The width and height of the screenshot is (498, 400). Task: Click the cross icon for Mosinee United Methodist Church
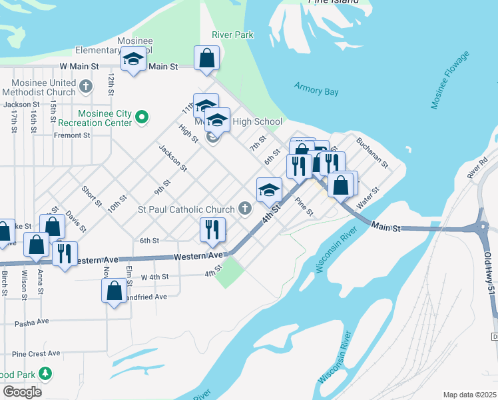tap(85, 87)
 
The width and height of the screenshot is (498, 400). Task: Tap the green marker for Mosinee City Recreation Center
tap(142, 117)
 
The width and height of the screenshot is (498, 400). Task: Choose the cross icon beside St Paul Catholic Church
tap(245, 209)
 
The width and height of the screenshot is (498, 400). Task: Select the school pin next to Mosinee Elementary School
tap(133, 61)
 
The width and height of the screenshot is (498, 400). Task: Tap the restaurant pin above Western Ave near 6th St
tap(213, 230)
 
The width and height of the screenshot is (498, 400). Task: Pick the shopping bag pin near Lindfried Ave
tap(114, 291)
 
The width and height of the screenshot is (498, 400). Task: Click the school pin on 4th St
tap(269, 190)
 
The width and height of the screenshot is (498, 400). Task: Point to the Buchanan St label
tap(372, 153)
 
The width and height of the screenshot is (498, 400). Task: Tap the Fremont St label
tap(73, 135)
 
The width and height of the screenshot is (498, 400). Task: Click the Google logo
tap(22, 391)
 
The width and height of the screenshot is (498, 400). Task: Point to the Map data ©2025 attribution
tap(469, 395)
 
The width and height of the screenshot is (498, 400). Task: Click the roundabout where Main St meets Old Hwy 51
tap(484, 227)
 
